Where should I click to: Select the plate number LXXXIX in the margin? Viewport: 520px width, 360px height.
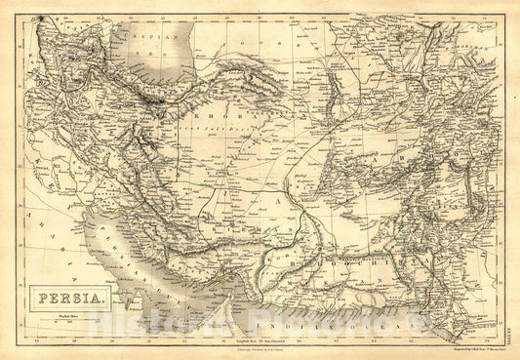(x=509, y=315)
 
